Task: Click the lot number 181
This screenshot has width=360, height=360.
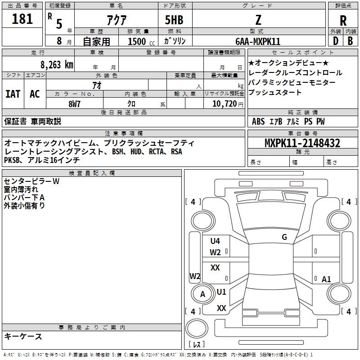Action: pos(22,19)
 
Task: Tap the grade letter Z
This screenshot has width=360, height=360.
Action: pos(258,20)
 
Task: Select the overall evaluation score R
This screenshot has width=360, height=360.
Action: pos(343,21)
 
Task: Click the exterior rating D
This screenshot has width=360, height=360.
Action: pos(336,41)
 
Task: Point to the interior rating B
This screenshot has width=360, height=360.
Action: pos(350,41)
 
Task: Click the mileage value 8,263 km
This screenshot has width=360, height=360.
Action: pos(57,65)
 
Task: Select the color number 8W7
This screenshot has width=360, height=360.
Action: pos(74,104)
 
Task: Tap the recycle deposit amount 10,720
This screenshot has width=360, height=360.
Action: pos(225,104)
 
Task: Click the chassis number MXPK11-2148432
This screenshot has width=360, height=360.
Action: pos(302,143)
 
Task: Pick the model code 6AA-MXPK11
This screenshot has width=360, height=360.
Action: pos(258,41)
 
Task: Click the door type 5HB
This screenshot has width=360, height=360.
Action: pos(174,20)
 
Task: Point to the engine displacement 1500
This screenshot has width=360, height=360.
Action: pos(137,41)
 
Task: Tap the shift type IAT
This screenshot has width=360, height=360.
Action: pos(13,94)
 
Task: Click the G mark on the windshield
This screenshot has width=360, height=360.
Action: pos(284,237)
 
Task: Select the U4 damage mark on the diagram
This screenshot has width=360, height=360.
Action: pos(215,241)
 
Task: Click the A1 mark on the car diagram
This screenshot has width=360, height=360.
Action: pos(326,279)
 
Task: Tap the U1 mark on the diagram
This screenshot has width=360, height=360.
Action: pos(221,292)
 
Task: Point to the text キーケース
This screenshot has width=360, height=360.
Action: pos(23,336)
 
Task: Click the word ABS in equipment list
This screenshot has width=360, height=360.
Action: pos(258,121)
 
